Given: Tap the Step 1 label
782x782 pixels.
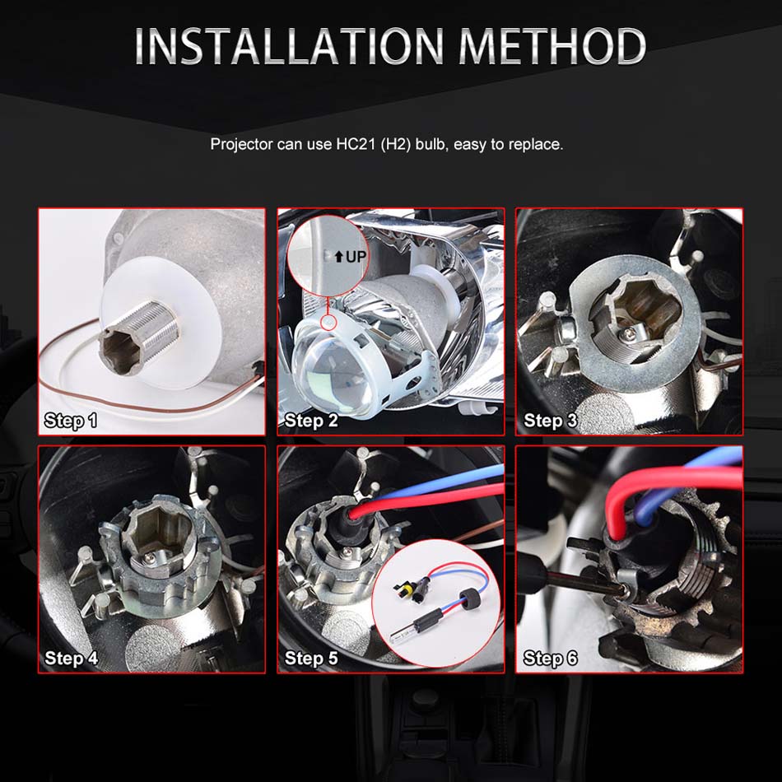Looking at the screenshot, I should pos(71,421).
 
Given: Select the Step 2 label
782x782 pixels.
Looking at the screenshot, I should pos(311,421).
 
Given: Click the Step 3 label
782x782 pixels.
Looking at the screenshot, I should pos(551,421).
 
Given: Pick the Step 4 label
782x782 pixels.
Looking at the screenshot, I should pos(71,658).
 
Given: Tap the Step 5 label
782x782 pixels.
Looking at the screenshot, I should pos(311,658).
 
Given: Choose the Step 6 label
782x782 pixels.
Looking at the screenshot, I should pos(551,658).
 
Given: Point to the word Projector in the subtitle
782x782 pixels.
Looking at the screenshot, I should pos(242,145).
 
